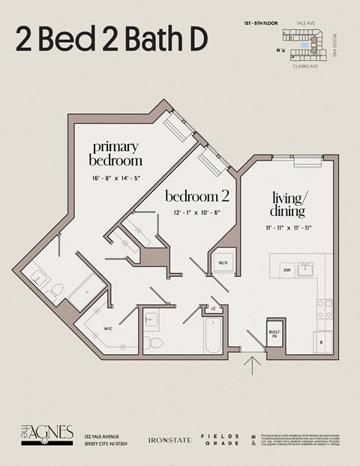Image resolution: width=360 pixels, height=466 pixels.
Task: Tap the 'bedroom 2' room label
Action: point(196,197)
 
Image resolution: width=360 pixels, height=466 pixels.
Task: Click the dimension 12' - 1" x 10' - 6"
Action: point(196,213)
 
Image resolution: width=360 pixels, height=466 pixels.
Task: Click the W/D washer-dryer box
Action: point(223,263)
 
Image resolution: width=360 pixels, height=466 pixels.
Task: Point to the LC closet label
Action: point(214,308)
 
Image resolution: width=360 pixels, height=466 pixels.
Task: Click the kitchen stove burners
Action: point(324,308)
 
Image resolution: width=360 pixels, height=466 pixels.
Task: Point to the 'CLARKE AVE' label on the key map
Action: point(304,65)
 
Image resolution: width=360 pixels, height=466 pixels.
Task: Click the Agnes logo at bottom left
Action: point(46,434)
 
